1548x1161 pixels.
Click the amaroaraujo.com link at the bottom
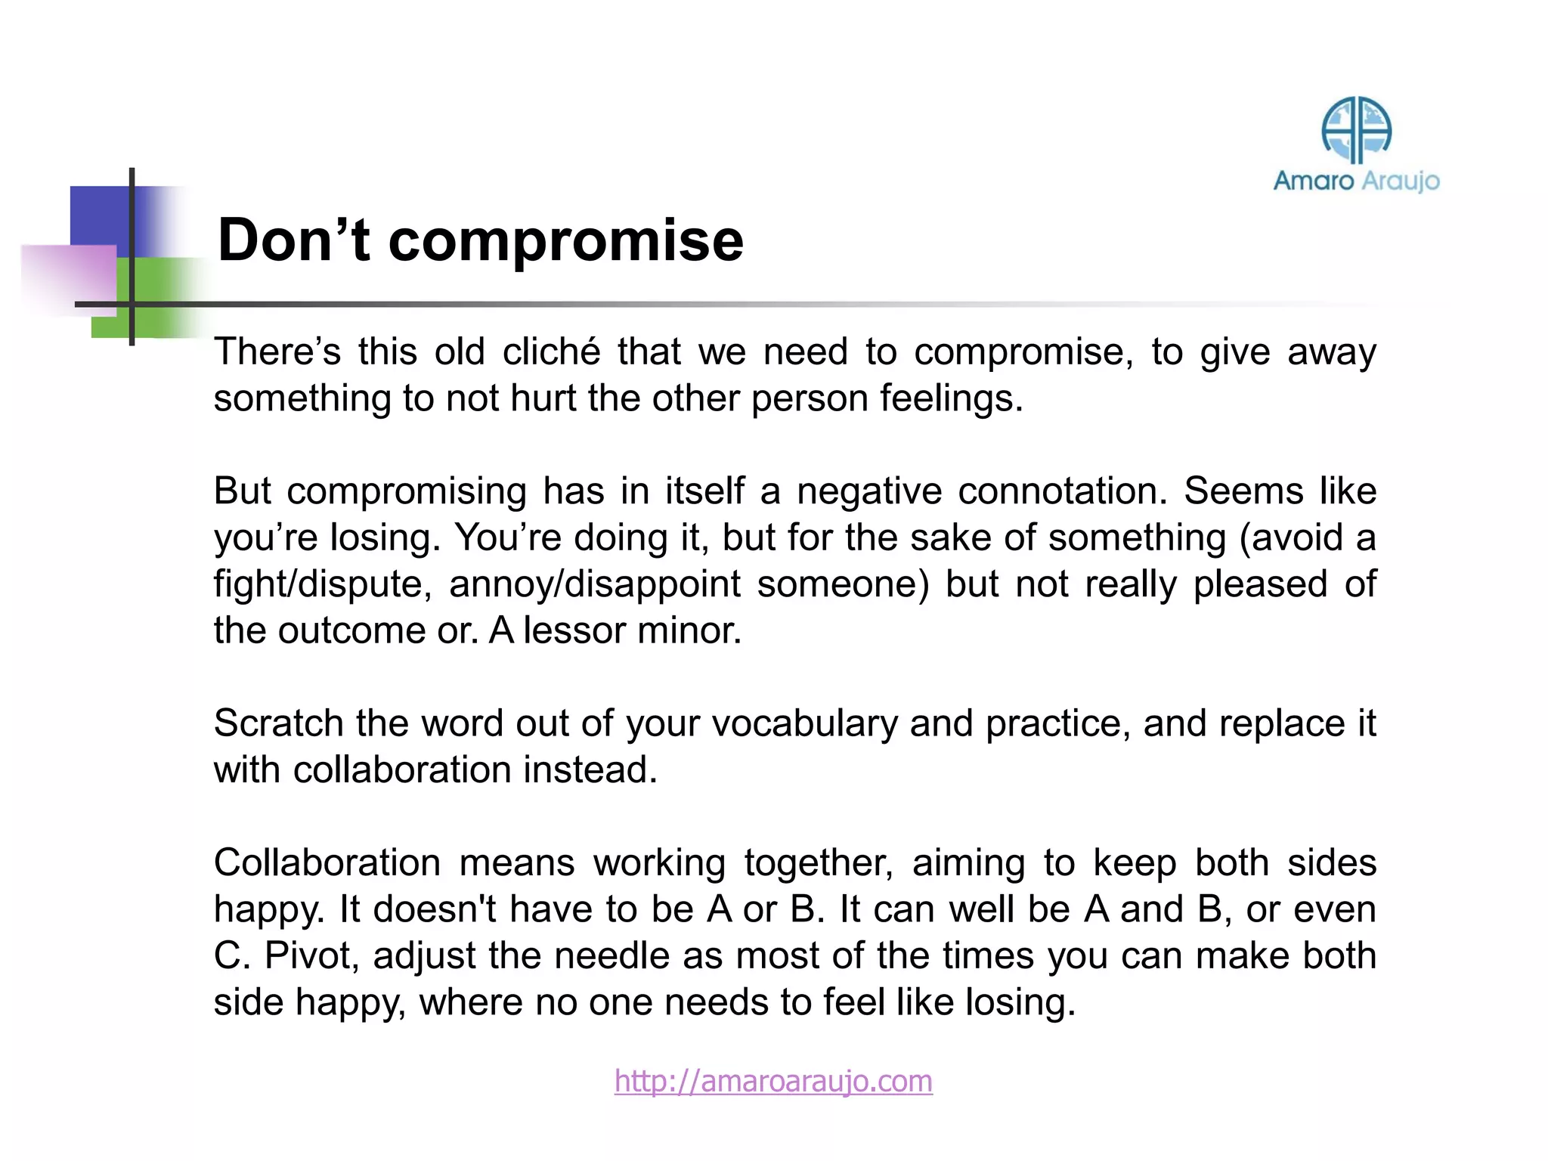(x=772, y=1081)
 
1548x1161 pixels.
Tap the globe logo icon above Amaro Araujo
(x=1356, y=130)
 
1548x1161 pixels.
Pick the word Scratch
(x=278, y=723)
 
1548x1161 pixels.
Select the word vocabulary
(x=804, y=724)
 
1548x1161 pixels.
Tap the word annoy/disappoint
(x=594, y=585)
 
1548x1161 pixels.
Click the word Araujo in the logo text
(x=1400, y=181)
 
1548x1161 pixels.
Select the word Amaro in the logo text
(x=1314, y=181)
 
